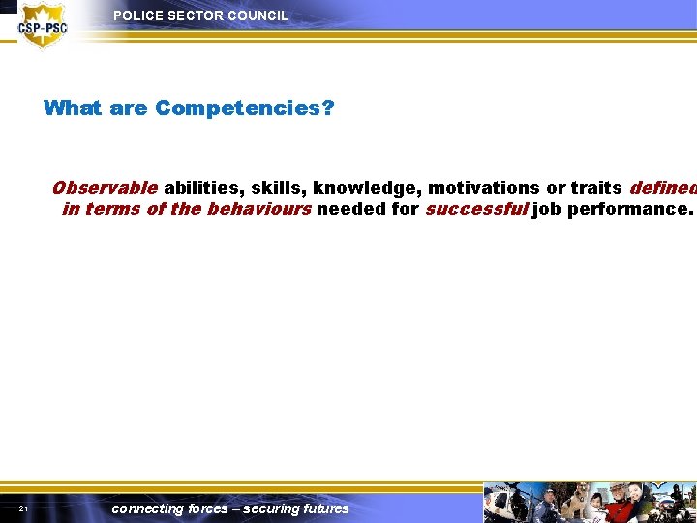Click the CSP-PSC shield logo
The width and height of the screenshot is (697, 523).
pos(43,25)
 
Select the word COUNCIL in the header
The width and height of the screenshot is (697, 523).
pos(258,16)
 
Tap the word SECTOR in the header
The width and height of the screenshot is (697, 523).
pos(194,16)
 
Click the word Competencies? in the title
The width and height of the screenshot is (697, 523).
pos(245,108)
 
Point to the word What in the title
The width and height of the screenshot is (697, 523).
pos(74,108)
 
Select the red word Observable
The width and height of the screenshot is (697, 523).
pos(105,188)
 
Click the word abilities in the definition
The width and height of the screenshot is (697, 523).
pos(201,188)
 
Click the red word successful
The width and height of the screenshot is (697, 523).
pos(476,209)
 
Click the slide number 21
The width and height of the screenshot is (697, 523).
pos(22,509)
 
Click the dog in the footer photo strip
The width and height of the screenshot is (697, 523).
pos(578,505)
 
